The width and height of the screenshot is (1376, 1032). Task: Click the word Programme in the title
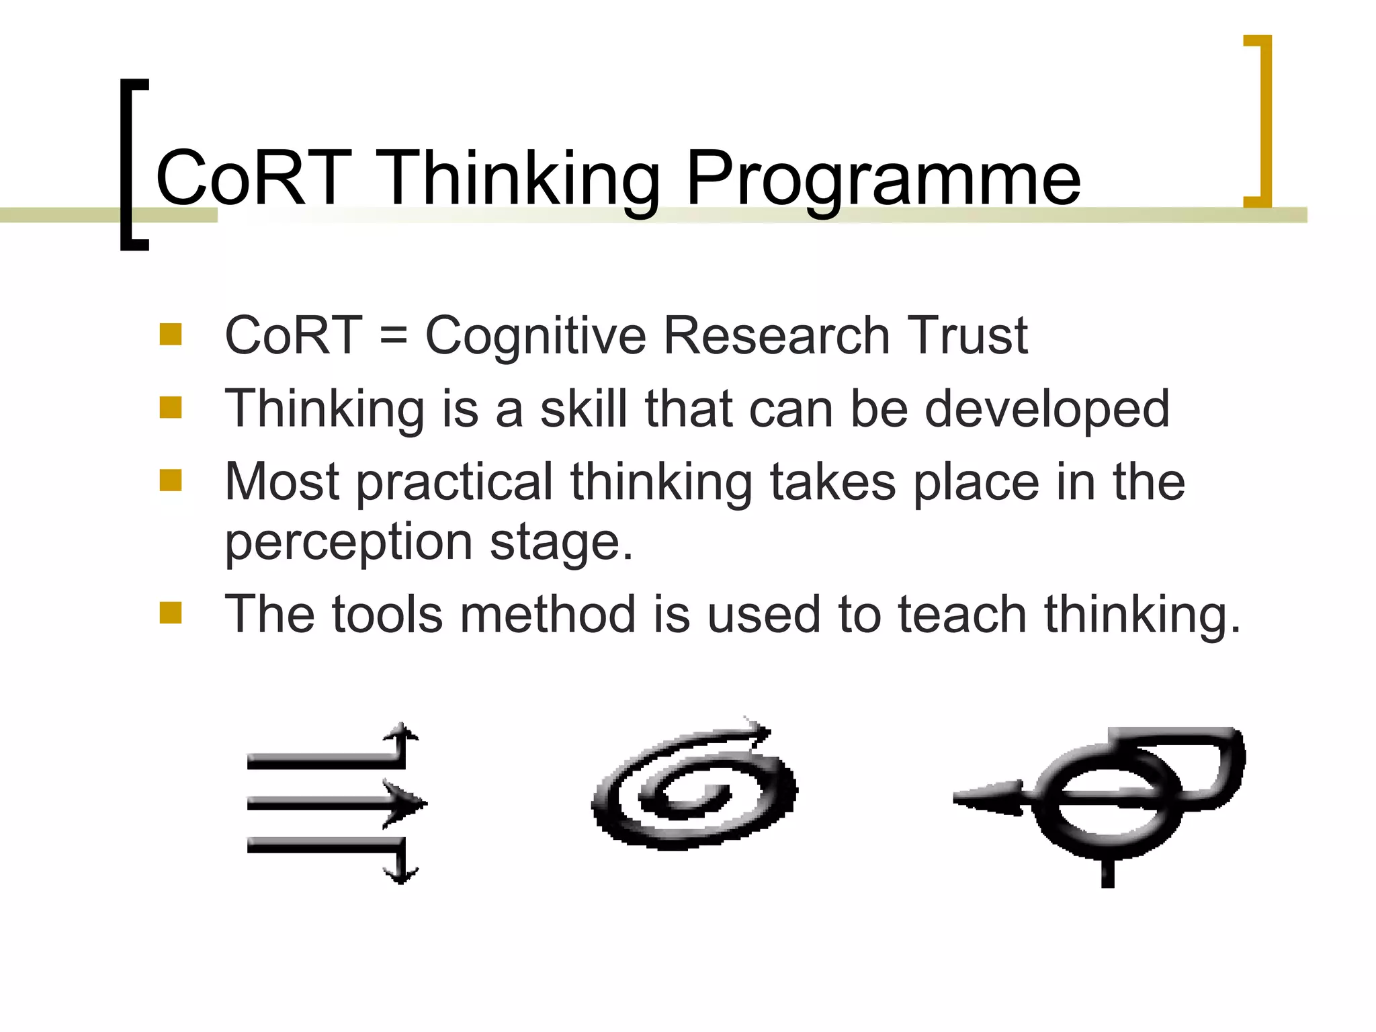pyautogui.click(x=883, y=179)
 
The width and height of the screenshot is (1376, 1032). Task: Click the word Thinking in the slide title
pyautogui.click(x=517, y=179)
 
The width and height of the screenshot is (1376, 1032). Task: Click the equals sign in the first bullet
pyautogui.click(x=393, y=336)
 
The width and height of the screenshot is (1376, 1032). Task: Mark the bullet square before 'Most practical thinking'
pyautogui.click(x=171, y=480)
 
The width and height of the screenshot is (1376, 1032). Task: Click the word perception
pyautogui.click(x=348, y=543)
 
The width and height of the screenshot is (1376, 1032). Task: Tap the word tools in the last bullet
pyautogui.click(x=387, y=614)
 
